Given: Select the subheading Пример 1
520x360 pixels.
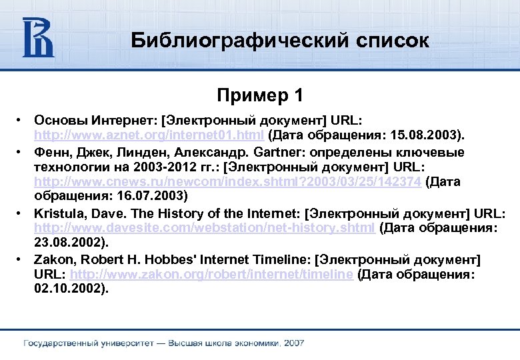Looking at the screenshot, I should coord(260,96).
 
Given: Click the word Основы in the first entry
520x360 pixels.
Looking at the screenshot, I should coord(58,121).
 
